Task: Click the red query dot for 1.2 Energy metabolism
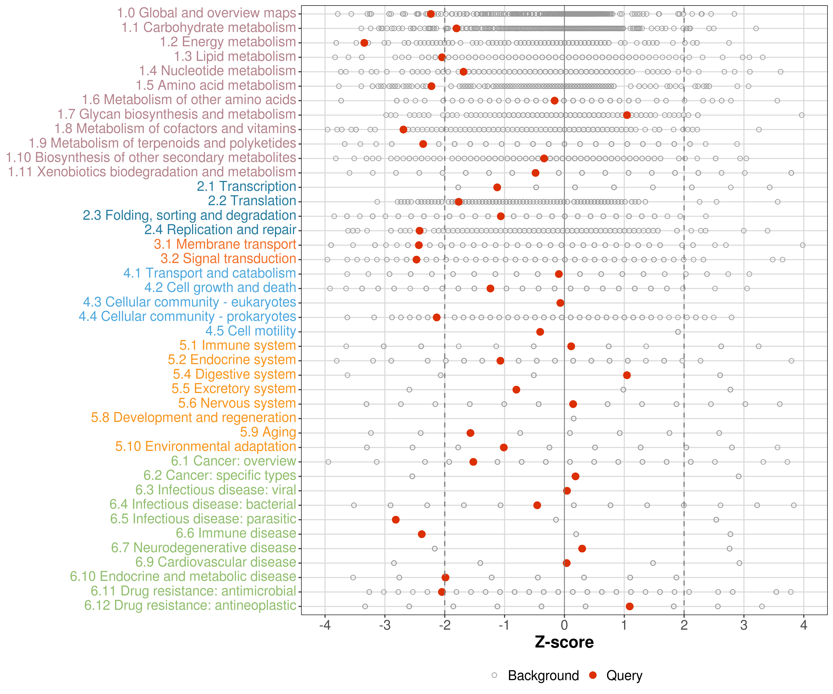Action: coord(364,43)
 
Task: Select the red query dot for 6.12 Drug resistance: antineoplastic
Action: coord(630,606)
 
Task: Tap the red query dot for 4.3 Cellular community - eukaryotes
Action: coord(560,303)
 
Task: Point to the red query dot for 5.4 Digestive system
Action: coord(627,375)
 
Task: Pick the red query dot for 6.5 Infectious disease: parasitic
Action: coord(395,520)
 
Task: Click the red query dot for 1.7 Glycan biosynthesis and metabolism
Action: coord(627,115)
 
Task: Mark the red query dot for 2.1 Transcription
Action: coord(497,187)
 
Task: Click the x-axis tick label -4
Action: coord(325,625)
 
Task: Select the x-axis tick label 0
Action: coord(564,625)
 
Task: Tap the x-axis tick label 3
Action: coord(744,625)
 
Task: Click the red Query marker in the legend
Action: coord(593,675)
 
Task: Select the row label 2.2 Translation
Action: coord(252,201)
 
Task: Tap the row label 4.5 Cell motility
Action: coord(251,331)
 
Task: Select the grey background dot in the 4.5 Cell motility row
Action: coord(678,332)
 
